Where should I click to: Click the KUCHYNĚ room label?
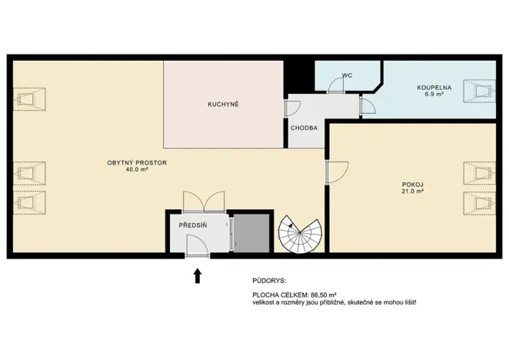click(x=224, y=104)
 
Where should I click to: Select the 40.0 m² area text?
click(x=137, y=170)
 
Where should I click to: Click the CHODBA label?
click(x=304, y=128)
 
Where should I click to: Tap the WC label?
click(x=348, y=75)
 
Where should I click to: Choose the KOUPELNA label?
click(x=434, y=88)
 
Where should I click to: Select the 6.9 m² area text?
click(x=434, y=95)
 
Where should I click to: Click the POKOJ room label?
click(x=412, y=185)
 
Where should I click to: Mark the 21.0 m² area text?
click(x=412, y=192)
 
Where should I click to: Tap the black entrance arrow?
click(x=198, y=275)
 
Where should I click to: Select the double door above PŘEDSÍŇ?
click(x=203, y=202)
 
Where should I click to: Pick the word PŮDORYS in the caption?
click(x=268, y=281)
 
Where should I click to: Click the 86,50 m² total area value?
click(x=324, y=295)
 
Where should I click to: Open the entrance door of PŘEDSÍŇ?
click(x=195, y=246)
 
